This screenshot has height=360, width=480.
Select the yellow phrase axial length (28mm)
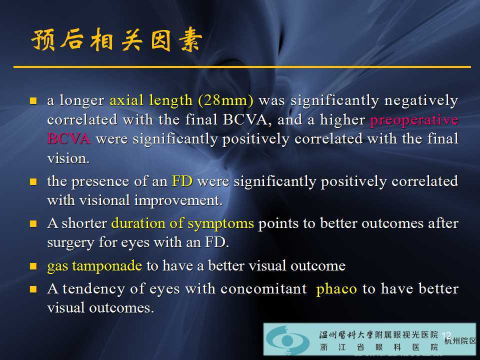[181, 100]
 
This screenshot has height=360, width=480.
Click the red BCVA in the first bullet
[68, 139]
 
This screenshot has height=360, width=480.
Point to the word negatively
[421, 100]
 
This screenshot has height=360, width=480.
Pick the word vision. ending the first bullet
[68, 158]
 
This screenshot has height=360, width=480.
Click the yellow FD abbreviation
[182, 181]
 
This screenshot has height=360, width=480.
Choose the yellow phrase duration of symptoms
[182, 223]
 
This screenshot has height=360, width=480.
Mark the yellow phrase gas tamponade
[94, 266]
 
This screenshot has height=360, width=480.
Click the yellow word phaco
[336, 289]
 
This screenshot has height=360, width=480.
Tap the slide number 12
[446, 335]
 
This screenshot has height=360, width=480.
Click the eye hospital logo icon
[285, 340]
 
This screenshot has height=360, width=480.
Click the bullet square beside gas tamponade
[33, 266]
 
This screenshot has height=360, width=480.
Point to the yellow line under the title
[242, 66]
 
